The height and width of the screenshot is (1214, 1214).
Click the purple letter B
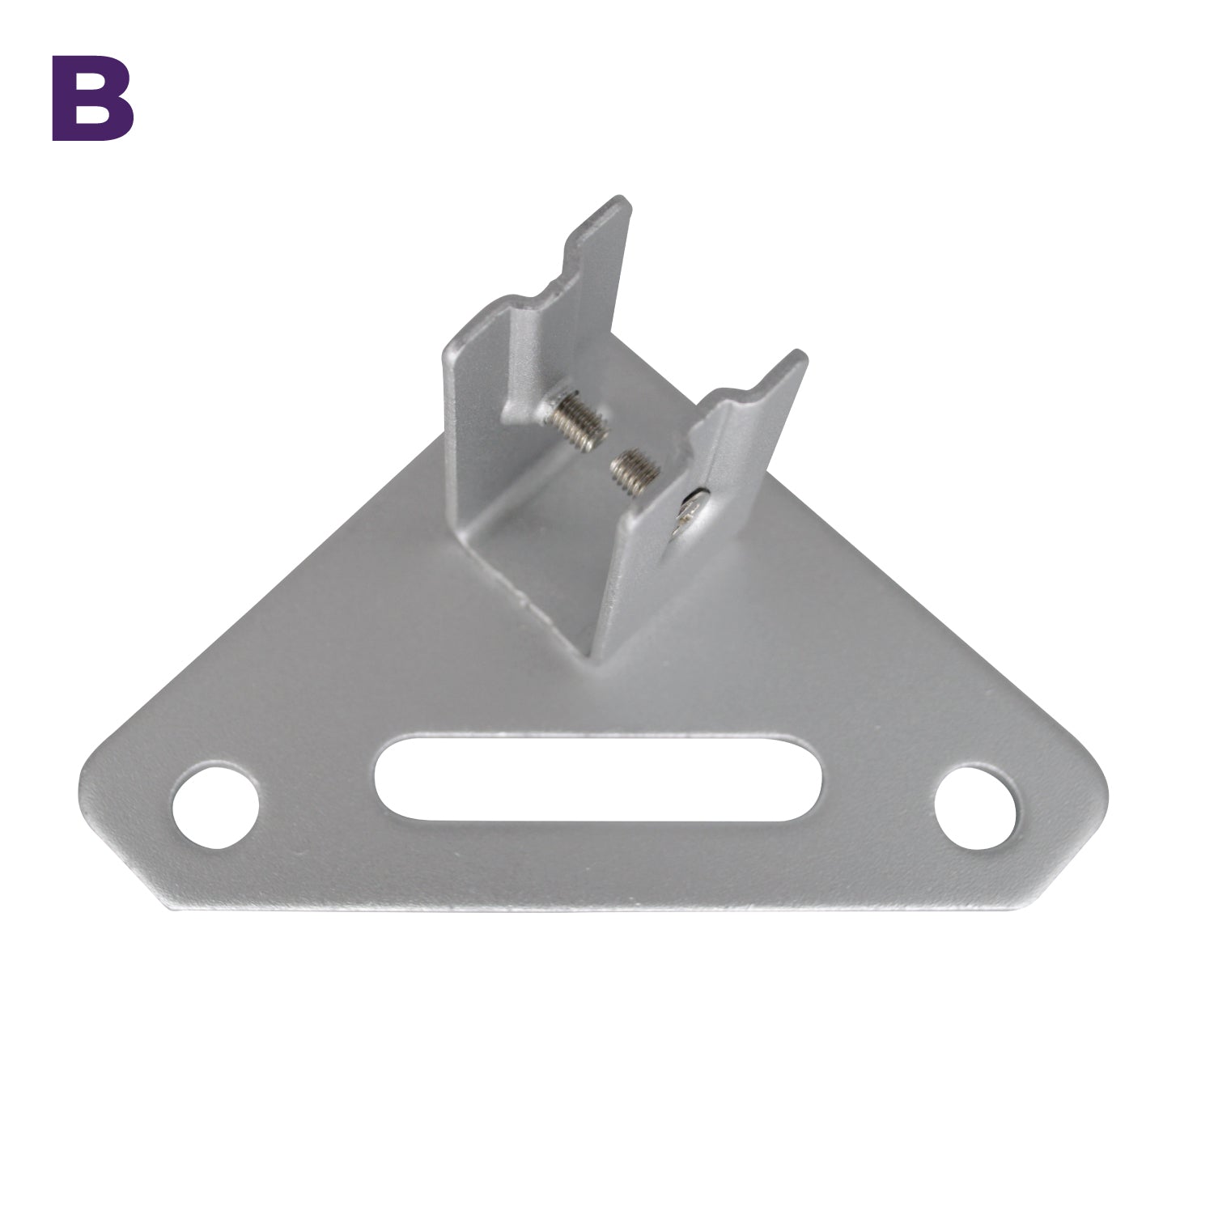point(92,98)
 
